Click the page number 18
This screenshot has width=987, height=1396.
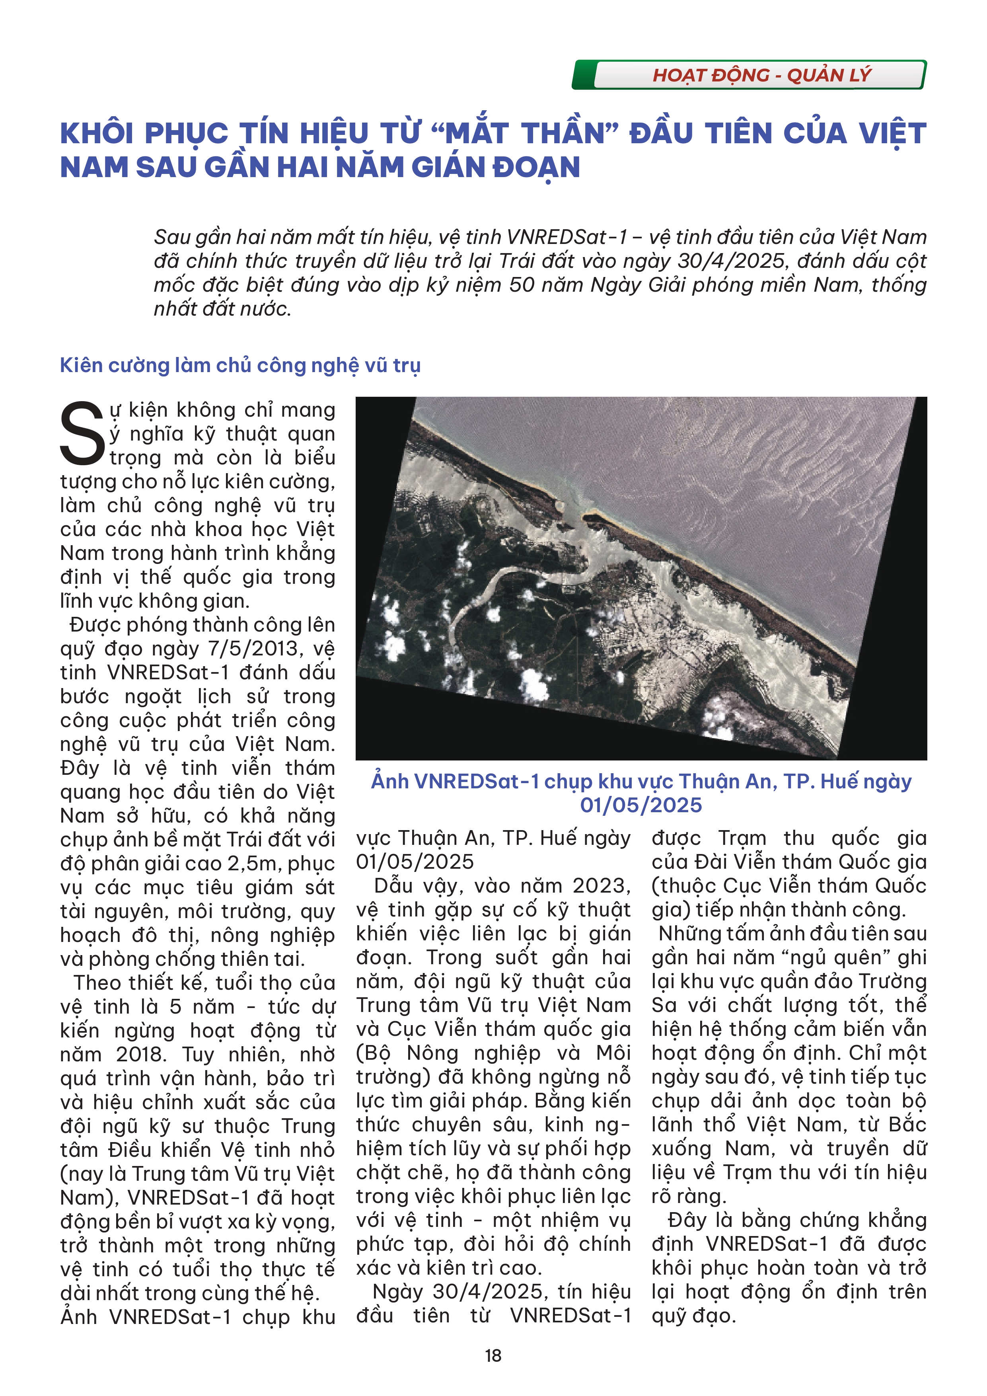coord(493,1355)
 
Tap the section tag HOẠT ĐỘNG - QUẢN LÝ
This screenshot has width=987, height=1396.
coord(761,75)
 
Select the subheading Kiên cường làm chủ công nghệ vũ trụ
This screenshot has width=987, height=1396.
coord(240,365)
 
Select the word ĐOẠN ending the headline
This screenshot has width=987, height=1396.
coord(536,168)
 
